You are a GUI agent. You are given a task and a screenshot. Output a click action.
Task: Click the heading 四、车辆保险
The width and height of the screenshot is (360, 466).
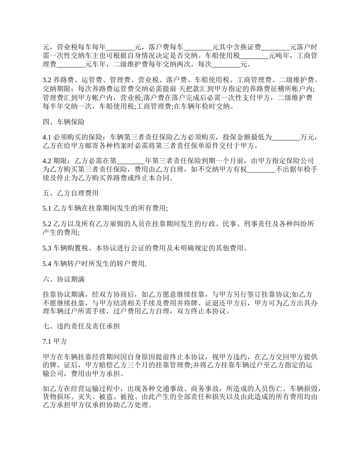tap(64, 122)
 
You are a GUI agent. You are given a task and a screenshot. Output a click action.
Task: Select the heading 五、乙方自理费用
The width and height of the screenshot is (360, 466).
tap(71, 193)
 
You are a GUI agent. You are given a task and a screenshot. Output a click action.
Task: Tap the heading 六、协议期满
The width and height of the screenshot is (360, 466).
tap(64, 280)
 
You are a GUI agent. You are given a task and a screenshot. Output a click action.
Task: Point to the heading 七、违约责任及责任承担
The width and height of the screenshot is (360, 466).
tap(81, 326)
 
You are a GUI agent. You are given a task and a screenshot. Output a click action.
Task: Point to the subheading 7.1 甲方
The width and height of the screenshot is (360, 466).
tap(55, 341)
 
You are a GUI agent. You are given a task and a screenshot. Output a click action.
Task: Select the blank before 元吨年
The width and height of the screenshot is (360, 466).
tap(254, 56)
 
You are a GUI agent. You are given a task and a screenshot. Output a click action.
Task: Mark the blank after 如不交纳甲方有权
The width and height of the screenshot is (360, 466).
tap(261, 169)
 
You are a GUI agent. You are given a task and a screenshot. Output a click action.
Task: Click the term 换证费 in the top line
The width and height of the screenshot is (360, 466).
tap(250, 47)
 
